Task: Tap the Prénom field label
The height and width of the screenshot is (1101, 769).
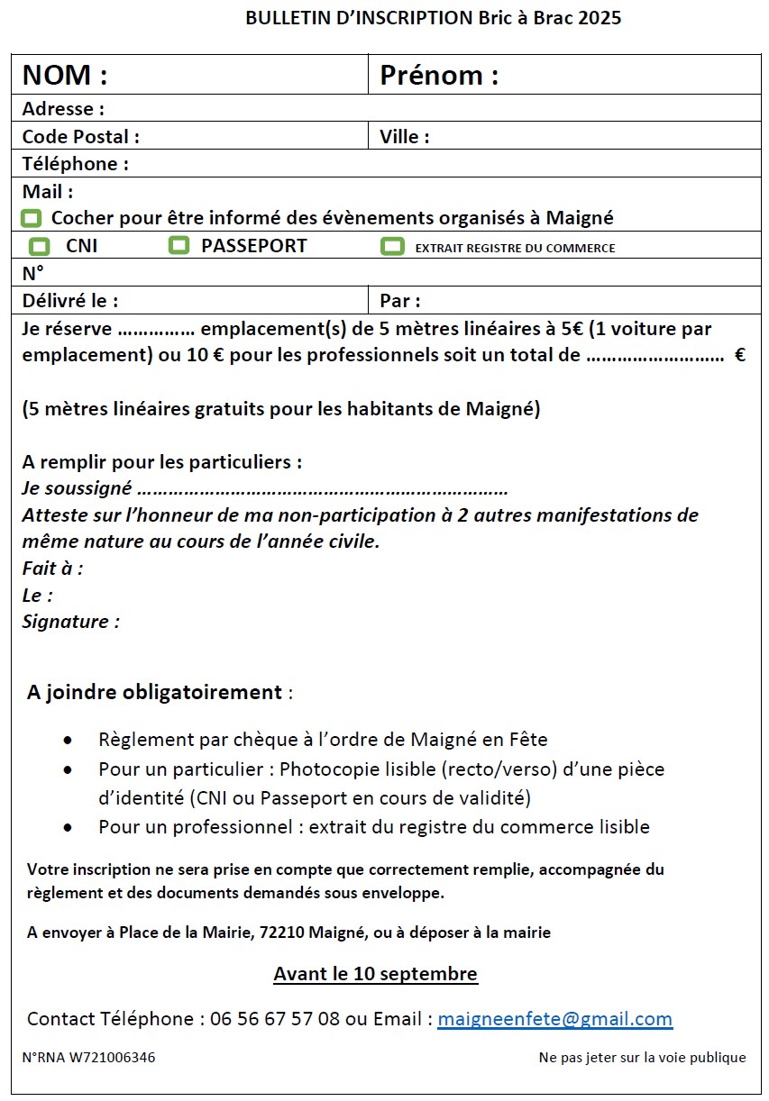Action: click(x=439, y=76)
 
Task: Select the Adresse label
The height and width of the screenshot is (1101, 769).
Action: click(x=63, y=109)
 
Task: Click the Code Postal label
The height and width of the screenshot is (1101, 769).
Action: click(x=80, y=137)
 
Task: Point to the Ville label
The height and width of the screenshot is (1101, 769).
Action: click(x=404, y=137)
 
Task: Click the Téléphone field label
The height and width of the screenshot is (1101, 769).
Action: click(x=76, y=164)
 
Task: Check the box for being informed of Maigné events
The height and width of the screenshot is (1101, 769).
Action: click(x=32, y=218)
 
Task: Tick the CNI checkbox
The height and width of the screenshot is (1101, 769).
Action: click(x=40, y=246)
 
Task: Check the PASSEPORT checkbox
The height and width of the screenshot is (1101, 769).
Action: click(x=179, y=245)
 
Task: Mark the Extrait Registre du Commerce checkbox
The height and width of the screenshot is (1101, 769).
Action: click(x=392, y=246)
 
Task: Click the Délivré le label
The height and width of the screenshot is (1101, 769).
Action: click(x=70, y=301)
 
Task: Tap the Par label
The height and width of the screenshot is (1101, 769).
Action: click(x=400, y=301)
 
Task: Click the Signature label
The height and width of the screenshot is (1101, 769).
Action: click(x=70, y=622)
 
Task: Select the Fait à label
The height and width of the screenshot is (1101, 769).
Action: click(x=52, y=569)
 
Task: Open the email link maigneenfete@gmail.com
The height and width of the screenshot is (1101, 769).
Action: click(x=554, y=1019)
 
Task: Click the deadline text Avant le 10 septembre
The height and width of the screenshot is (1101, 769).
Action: click(x=375, y=974)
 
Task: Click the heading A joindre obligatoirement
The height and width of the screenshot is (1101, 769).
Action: click(x=155, y=693)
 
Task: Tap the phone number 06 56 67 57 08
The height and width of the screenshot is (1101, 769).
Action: click(x=275, y=1019)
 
